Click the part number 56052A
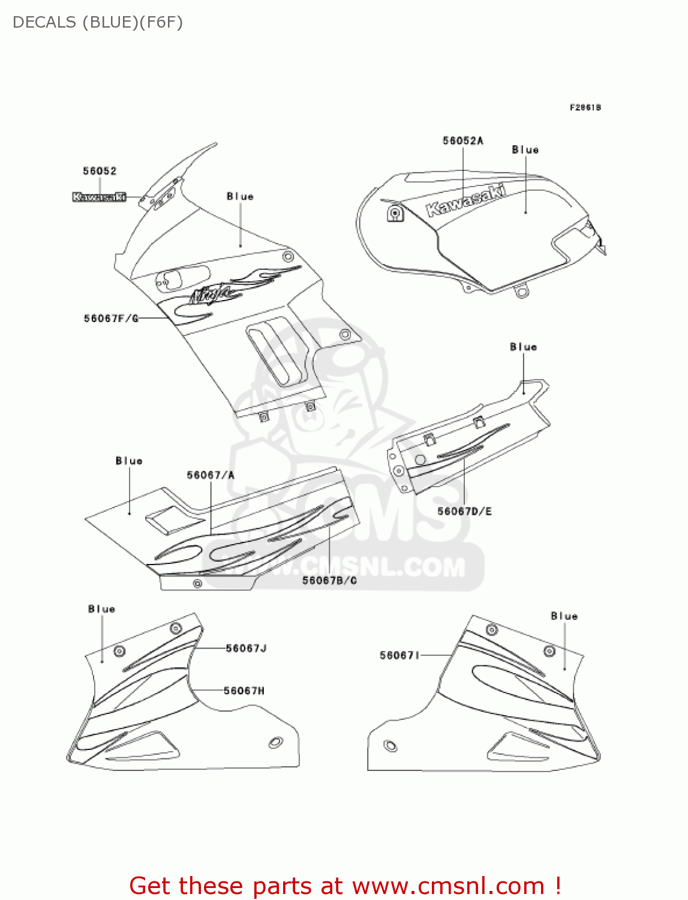[462, 141]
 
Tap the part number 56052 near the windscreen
[100, 171]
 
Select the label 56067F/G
[111, 319]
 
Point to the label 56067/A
[211, 475]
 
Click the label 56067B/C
[329, 580]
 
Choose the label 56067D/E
[464, 511]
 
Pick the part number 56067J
[246, 648]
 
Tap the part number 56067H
[244, 691]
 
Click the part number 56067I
[399, 655]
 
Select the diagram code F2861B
[585, 107]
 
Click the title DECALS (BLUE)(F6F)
[98, 22]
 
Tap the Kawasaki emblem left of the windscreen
[99, 197]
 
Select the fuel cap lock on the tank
[394, 213]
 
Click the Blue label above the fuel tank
[525, 150]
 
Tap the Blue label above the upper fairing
[240, 196]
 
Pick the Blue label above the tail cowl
[523, 347]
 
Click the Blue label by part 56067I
[564, 616]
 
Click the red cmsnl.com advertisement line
[345, 886]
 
